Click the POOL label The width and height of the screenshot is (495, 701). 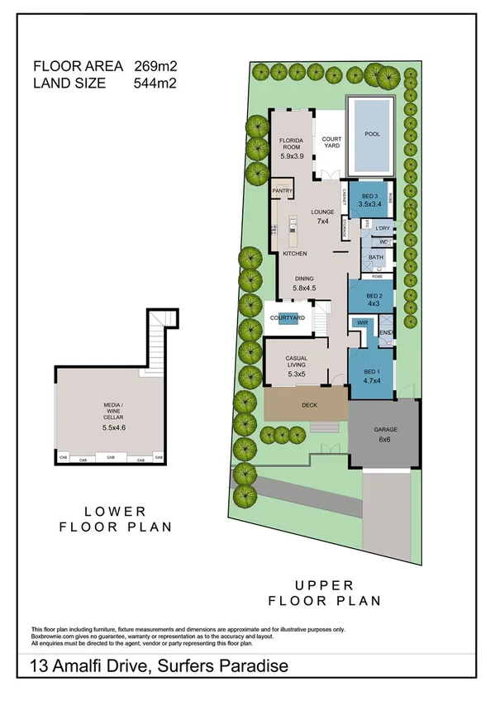point(372,134)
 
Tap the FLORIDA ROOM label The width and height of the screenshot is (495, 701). point(293,145)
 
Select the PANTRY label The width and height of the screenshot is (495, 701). point(283,191)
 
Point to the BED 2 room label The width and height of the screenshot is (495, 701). point(374,295)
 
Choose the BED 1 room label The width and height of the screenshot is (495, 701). point(374,372)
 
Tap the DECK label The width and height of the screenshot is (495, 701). point(310,405)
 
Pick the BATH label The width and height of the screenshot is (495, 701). point(376,258)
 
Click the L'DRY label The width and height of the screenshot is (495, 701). point(382,227)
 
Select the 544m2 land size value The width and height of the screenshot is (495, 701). point(155,82)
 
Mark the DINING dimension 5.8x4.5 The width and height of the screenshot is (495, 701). point(304,288)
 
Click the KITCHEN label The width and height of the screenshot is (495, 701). point(295,253)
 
